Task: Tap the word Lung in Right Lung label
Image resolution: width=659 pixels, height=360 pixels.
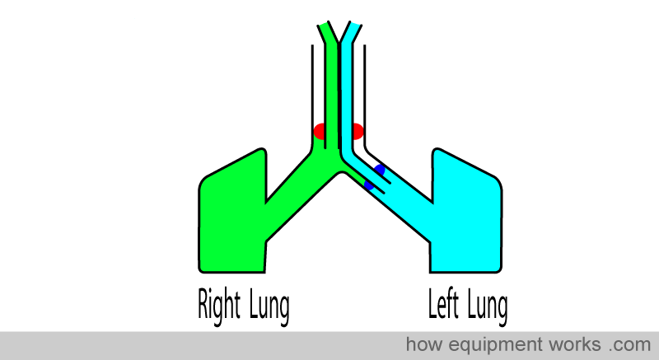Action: tap(269, 306)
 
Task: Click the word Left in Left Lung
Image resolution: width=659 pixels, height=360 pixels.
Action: tap(443, 303)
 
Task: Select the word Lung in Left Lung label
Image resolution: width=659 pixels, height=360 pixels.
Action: tap(487, 306)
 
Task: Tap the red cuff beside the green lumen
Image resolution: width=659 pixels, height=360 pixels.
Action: tap(319, 132)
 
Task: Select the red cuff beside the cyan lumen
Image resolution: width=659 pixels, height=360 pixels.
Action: tap(358, 132)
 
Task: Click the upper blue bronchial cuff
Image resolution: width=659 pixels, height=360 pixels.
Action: tap(380, 171)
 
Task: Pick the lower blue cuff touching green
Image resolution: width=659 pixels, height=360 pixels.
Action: tap(368, 185)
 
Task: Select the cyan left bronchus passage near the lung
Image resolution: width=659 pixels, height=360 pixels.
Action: tap(409, 206)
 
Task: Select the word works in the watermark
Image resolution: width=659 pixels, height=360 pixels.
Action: tap(574, 344)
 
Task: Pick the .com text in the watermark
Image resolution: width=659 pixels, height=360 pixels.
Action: tap(629, 345)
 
